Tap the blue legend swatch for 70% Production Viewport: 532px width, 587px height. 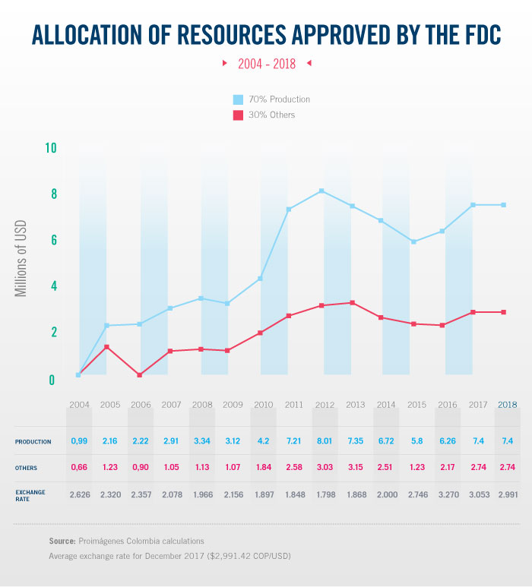(x=237, y=99)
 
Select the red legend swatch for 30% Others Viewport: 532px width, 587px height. (x=237, y=115)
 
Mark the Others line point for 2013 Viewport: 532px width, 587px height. (x=352, y=303)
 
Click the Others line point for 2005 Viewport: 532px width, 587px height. (x=106, y=347)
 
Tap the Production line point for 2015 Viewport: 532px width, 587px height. (x=413, y=241)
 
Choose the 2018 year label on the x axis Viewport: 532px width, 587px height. (x=507, y=405)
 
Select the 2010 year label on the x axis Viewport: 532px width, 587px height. (x=264, y=405)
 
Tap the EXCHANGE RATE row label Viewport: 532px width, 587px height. (x=30, y=495)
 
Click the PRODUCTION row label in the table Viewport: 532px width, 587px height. (x=33, y=441)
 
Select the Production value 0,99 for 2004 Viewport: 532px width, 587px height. (x=80, y=441)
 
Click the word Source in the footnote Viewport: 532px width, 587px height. (x=62, y=541)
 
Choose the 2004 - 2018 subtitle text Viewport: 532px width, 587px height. (x=267, y=64)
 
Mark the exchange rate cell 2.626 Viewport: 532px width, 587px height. (x=80, y=495)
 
